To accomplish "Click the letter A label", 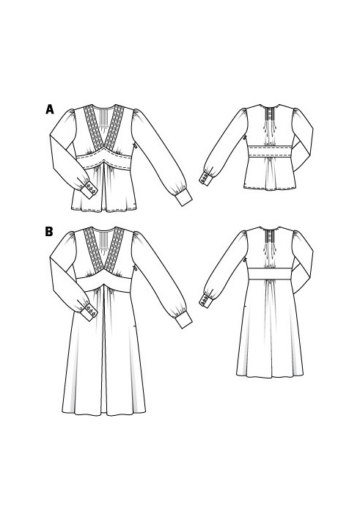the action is coord(50,109).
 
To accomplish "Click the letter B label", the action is coord(49,232).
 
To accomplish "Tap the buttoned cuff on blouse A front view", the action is coord(89,190).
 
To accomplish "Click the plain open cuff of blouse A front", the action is coord(183,197).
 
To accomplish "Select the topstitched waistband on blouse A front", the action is coord(104,160).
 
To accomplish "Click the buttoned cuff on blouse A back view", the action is coord(206,178).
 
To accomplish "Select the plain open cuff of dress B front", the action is coord(183,320).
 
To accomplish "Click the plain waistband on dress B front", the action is coord(104,282).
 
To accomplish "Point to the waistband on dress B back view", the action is coord(270,274).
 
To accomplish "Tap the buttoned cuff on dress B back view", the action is coord(206,301).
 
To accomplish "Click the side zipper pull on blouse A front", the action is coord(135,146).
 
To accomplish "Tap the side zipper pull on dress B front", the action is coord(135,268).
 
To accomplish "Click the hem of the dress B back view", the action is coord(270,376).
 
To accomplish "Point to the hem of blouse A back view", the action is coord(270,188).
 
